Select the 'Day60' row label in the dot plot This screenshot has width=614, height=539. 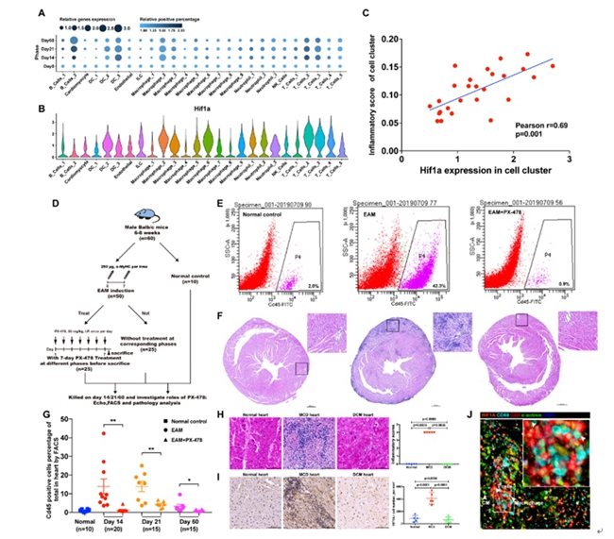(x=45, y=36)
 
